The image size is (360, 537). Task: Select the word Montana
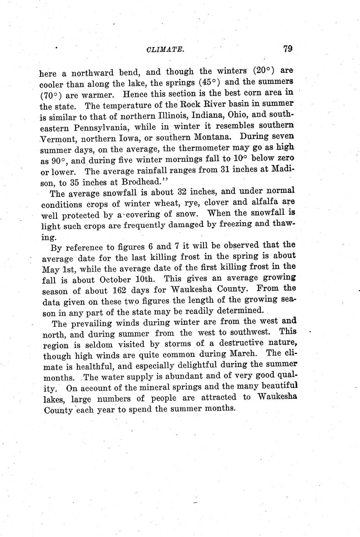[214, 137]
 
